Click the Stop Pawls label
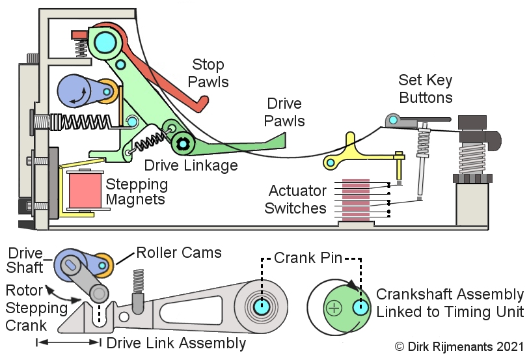208,73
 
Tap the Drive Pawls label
285,112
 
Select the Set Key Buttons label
426,89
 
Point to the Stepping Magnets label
137,191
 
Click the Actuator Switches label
298,200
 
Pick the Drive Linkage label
191,165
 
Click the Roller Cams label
178,253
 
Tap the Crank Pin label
308,257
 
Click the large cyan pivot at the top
103,42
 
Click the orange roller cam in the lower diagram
103,265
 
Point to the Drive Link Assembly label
176,343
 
